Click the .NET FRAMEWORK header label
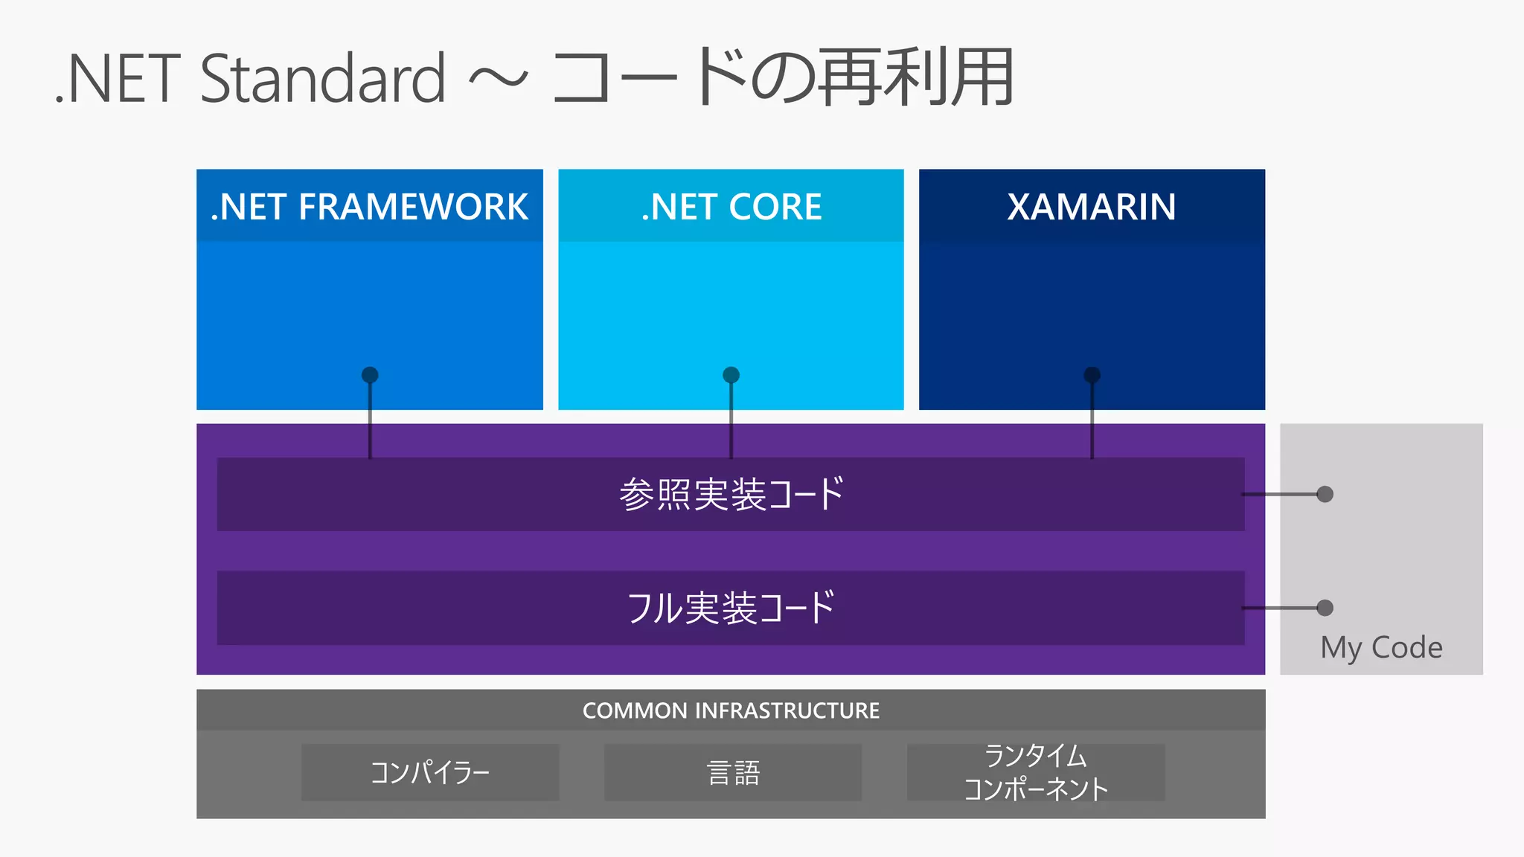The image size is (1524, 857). (369, 207)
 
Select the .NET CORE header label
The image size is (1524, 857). (731, 207)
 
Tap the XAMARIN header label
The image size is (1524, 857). (1091, 207)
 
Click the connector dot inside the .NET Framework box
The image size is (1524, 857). (370, 375)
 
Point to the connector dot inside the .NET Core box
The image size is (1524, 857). (731, 375)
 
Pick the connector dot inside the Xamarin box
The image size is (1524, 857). (1092, 375)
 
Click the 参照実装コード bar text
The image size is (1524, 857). (731, 494)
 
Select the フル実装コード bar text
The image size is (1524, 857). (731, 608)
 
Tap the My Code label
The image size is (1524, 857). (1381, 647)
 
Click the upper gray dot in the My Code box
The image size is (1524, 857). (1325, 494)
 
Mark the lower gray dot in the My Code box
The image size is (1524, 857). (1325, 608)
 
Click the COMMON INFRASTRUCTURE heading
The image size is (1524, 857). (731, 710)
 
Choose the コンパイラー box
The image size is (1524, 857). (430, 772)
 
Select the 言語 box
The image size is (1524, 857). (733, 772)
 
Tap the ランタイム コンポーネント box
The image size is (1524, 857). (1036, 772)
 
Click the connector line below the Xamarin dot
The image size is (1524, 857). (1092, 424)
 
